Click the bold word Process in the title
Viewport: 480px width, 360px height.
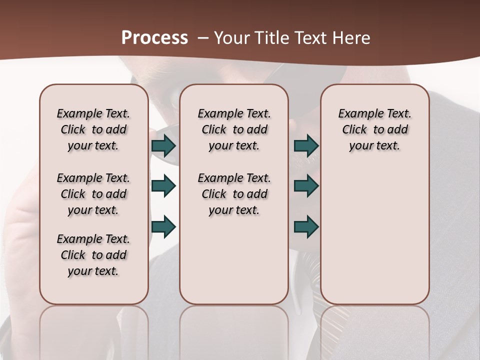click(x=154, y=38)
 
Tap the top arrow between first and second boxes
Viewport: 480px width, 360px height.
click(x=163, y=146)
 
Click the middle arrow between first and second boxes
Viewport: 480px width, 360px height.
click(x=163, y=186)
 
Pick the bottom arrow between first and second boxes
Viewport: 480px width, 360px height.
click(x=163, y=226)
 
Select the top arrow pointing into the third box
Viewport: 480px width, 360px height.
click(x=306, y=146)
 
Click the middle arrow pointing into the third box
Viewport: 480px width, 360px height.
click(x=306, y=186)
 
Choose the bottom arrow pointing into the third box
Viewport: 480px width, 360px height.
click(x=306, y=226)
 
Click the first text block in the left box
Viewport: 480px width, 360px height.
click(x=93, y=129)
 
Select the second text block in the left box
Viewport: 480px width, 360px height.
click(x=93, y=194)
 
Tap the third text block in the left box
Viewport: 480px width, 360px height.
click(x=93, y=255)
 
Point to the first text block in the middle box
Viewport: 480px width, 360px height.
click(x=234, y=129)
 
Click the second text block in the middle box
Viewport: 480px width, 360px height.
click(x=234, y=194)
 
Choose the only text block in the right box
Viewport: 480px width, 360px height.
click(x=374, y=129)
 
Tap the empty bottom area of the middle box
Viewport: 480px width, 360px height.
click(x=234, y=265)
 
